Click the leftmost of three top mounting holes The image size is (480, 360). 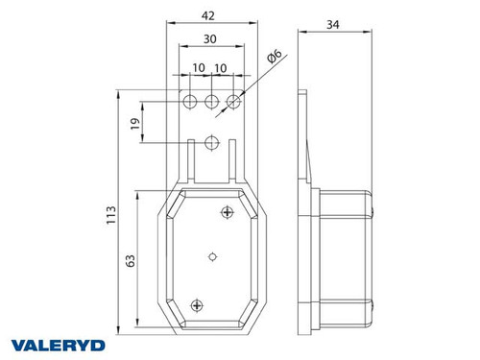(x=189, y=100)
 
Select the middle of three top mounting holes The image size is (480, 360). (x=211, y=100)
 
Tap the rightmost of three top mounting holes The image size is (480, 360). (x=232, y=100)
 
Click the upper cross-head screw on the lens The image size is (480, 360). (x=228, y=211)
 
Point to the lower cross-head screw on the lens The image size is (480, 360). (x=196, y=304)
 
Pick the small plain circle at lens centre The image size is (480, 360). (x=211, y=257)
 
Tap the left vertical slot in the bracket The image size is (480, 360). (x=194, y=162)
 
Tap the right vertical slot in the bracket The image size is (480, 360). (x=232, y=162)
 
